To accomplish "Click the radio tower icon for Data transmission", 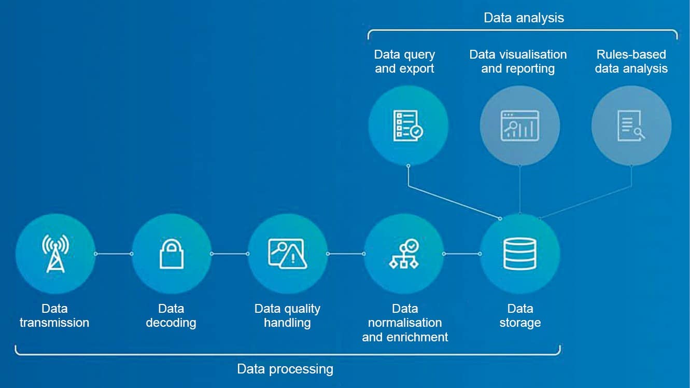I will coord(55,254).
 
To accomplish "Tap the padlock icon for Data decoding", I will coord(171,254).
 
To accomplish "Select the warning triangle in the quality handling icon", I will coord(293,259).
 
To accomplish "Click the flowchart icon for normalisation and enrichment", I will coord(404,254).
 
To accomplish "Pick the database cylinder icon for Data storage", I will coord(520,254).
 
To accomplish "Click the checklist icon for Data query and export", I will coord(407,126).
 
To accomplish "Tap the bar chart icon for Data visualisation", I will coord(519,126).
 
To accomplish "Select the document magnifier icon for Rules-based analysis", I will coord(631,126).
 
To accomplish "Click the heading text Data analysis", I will coord(524,18).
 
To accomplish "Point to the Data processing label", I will coord(285,369).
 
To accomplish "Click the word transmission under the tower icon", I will coord(54,323).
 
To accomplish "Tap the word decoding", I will coord(171,323).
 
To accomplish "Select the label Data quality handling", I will coord(287,315).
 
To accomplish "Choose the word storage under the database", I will coord(520,323).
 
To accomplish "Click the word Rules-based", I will coord(631,54).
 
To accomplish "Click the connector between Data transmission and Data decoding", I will coord(114,254).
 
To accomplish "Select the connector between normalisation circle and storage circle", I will coord(461,254).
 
